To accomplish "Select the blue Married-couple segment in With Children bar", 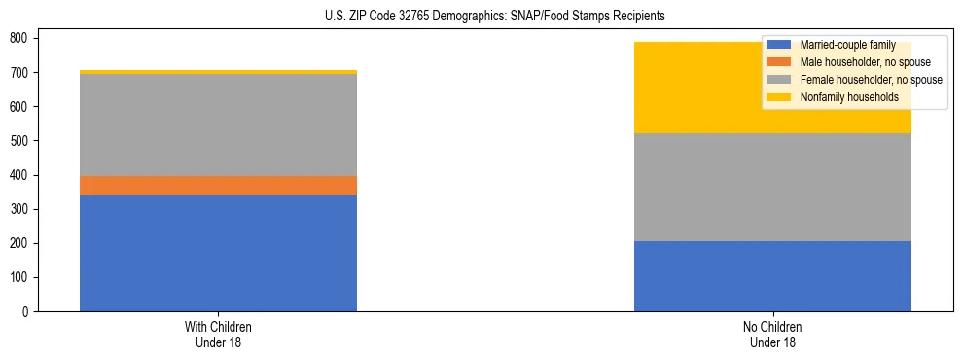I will pos(218,253).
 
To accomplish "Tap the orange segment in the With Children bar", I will pos(218,185).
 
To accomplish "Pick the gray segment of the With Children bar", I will pos(218,125).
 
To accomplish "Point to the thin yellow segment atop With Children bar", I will pos(218,72).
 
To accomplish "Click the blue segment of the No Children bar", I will pos(772,276).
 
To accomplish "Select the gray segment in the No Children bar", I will pos(772,187).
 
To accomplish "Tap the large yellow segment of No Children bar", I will pos(681,88).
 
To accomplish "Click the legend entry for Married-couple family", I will pos(845,45).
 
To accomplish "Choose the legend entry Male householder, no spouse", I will pos(855,62).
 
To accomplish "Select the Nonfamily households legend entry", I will pos(841,97).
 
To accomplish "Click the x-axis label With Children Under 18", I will pos(218,335).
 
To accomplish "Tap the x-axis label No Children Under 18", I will pos(772,335).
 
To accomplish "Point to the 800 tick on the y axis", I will pos(22,38).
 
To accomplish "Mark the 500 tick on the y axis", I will pos(22,141).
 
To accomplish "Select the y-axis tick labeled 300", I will pos(22,209).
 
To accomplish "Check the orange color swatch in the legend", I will pos(780,62).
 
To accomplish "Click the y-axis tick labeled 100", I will pos(22,278).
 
